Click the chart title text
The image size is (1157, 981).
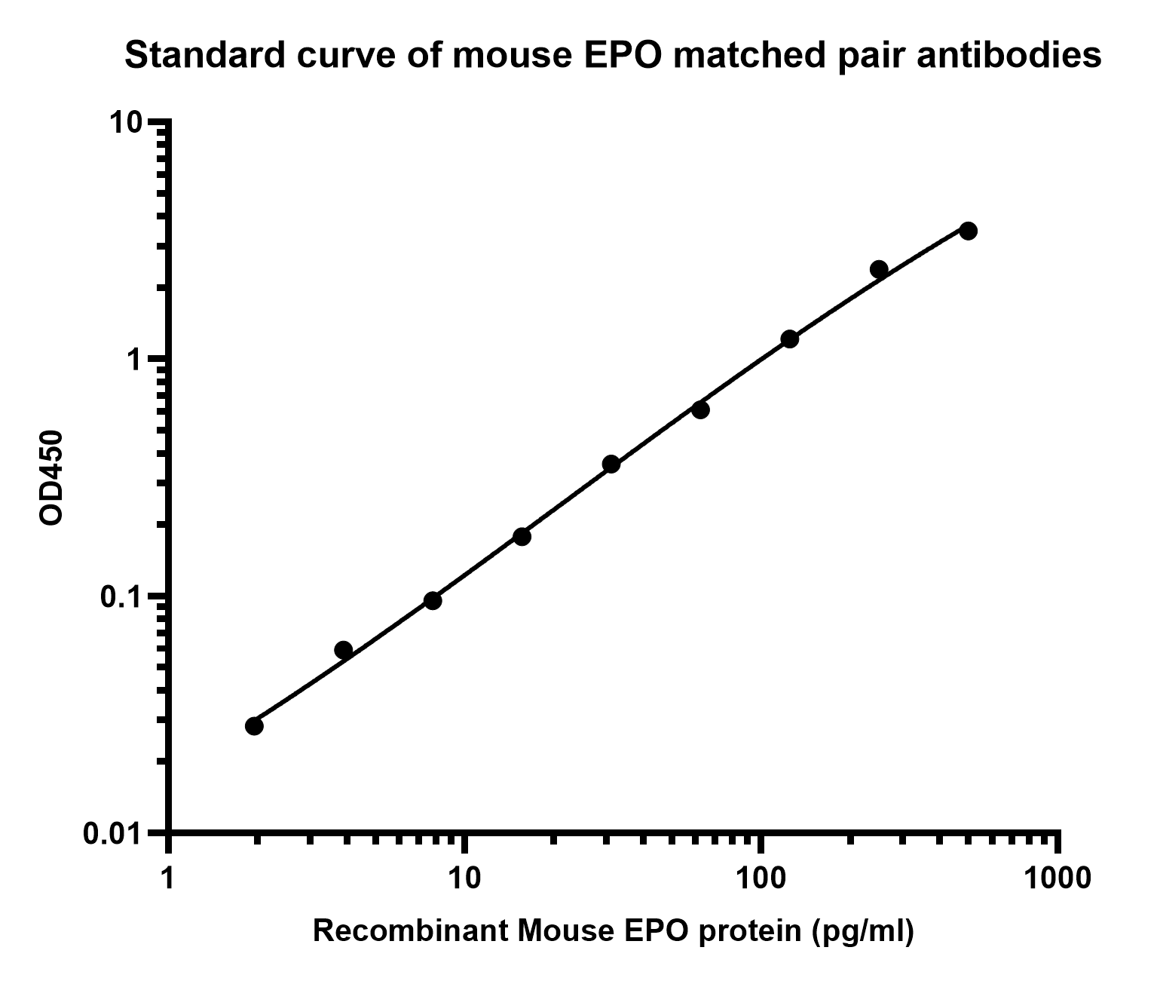click(x=613, y=56)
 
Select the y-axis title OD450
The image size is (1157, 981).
click(x=51, y=477)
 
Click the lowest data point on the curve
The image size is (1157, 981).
click(x=254, y=726)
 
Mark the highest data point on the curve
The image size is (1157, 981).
click(x=969, y=231)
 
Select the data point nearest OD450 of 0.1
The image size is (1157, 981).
click(x=433, y=601)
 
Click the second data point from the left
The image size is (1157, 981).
click(x=343, y=650)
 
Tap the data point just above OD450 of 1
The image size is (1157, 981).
click(x=790, y=339)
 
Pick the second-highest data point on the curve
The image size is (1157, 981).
click(x=879, y=269)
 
